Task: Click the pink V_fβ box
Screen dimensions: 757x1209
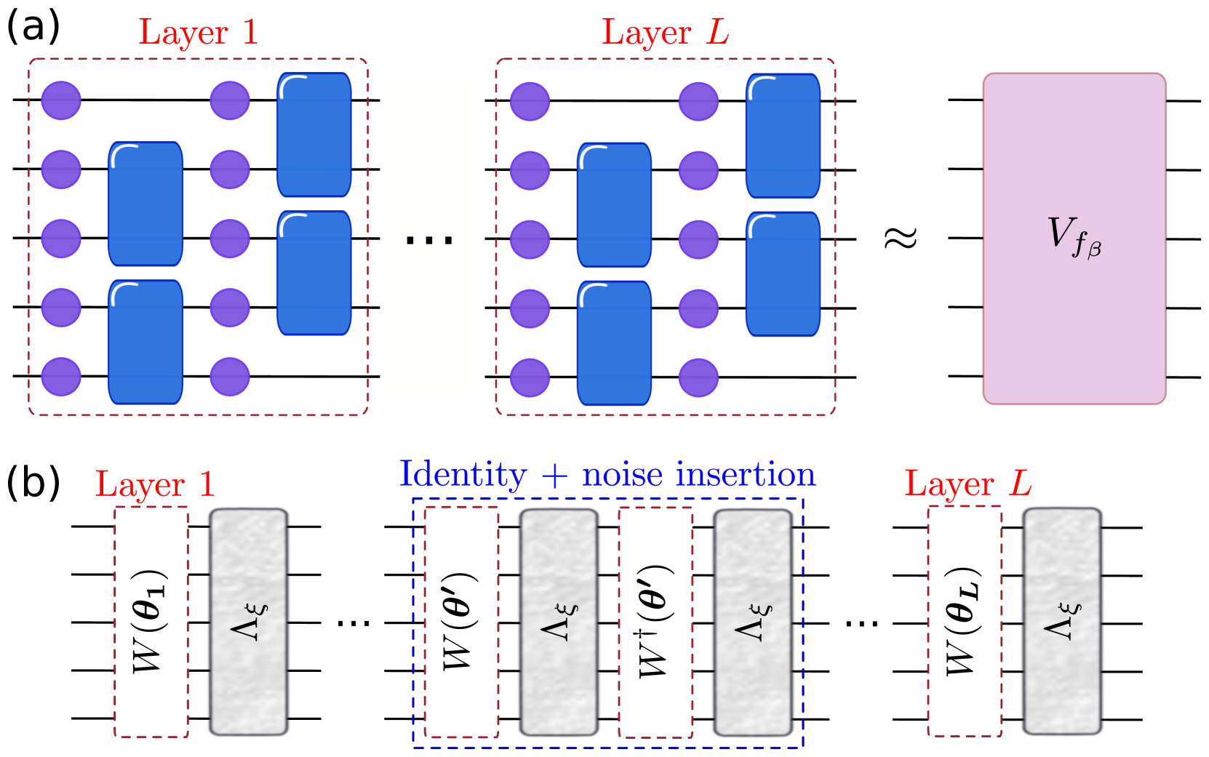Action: click(x=1074, y=239)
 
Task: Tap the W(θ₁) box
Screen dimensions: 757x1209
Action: click(x=151, y=622)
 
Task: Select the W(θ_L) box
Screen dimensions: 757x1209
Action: click(x=964, y=622)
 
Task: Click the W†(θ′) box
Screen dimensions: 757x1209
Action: click(x=655, y=622)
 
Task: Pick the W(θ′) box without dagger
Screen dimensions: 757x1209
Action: click(x=461, y=622)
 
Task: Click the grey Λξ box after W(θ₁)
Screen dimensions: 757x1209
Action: click(x=248, y=622)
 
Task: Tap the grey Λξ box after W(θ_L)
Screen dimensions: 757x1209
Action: click(x=1062, y=622)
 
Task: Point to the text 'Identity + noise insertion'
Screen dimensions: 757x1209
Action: click(x=607, y=475)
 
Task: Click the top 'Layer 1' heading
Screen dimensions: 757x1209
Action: click(x=198, y=33)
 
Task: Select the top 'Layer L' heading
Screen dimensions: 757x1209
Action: click(x=664, y=33)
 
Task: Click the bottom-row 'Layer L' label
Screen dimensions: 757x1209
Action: click(x=967, y=484)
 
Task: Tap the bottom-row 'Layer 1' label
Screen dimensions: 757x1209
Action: click(x=155, y=484)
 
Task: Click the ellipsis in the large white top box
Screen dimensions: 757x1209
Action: click(x=431, y=239)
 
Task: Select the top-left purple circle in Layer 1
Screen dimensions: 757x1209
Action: click(x=61, y=100)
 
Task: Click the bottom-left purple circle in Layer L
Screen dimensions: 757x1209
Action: click(x=530, y=377)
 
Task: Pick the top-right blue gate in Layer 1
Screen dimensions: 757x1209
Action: click(x=314, y=135)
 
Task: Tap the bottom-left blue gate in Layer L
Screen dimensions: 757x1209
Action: click(x=614, y=343)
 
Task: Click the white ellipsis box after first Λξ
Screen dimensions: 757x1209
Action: click(x=353, y=624)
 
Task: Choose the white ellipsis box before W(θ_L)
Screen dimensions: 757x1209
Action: click(x=861, y=624)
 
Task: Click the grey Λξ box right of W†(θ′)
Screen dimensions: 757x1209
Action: click(x=753, y=622)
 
